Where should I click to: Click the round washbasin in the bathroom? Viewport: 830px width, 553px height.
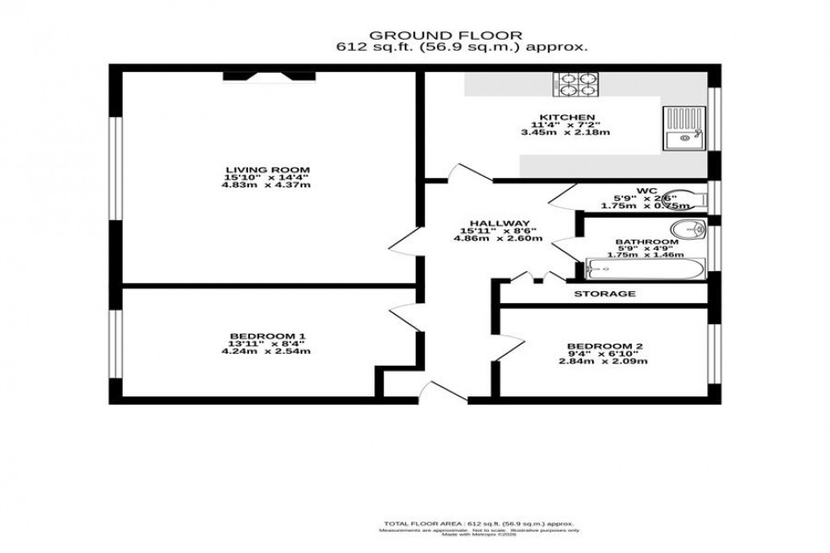692,229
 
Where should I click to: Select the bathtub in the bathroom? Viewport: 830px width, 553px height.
643,270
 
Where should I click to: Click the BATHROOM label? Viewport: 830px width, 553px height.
646,242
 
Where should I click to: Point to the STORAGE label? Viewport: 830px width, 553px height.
605,294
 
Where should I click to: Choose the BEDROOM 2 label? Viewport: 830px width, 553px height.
600,346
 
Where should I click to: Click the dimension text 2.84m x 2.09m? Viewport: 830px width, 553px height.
602,362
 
